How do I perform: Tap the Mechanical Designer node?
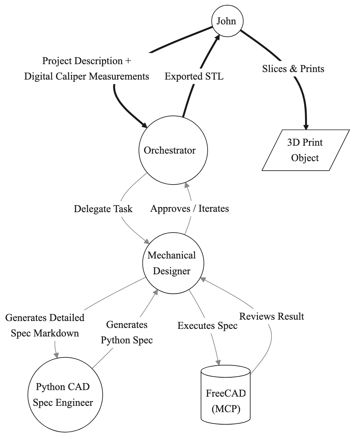tap(173, 263)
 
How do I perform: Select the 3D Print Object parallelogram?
tap(305, 150)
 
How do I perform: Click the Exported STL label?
tap(194, 76)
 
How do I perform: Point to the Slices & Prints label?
tap(293, 69)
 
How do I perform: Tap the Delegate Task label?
tap(103, 209)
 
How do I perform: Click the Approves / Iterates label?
tap(190, 209)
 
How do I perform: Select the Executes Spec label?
tap(207, 326)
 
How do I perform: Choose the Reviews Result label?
tap(271, 316)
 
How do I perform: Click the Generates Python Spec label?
tap(127, 332)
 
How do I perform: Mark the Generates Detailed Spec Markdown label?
tap(45, 325)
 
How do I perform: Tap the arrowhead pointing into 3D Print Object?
tap(306, 127)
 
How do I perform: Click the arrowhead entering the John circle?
tap(218, 37)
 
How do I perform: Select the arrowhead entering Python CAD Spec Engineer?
tap(57, 355)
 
